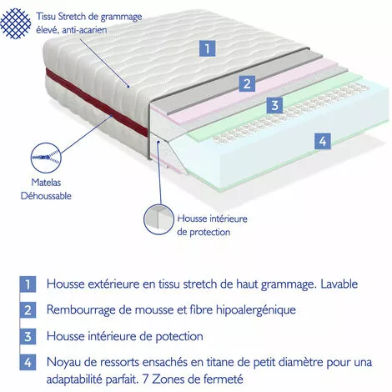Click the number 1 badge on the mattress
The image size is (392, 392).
[x=205, y=48]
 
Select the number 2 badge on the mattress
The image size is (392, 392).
[x=246, y=83]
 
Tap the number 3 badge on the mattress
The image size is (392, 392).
[x=274, y=105]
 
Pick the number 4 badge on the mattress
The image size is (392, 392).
[x=321, y=141]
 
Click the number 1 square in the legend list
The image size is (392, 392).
[x=27, y=284]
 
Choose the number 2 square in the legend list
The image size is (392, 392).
[x=27, y=310]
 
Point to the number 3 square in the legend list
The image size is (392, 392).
[x=27, y=336]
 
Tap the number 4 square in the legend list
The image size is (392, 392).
[x=27, y=363]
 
